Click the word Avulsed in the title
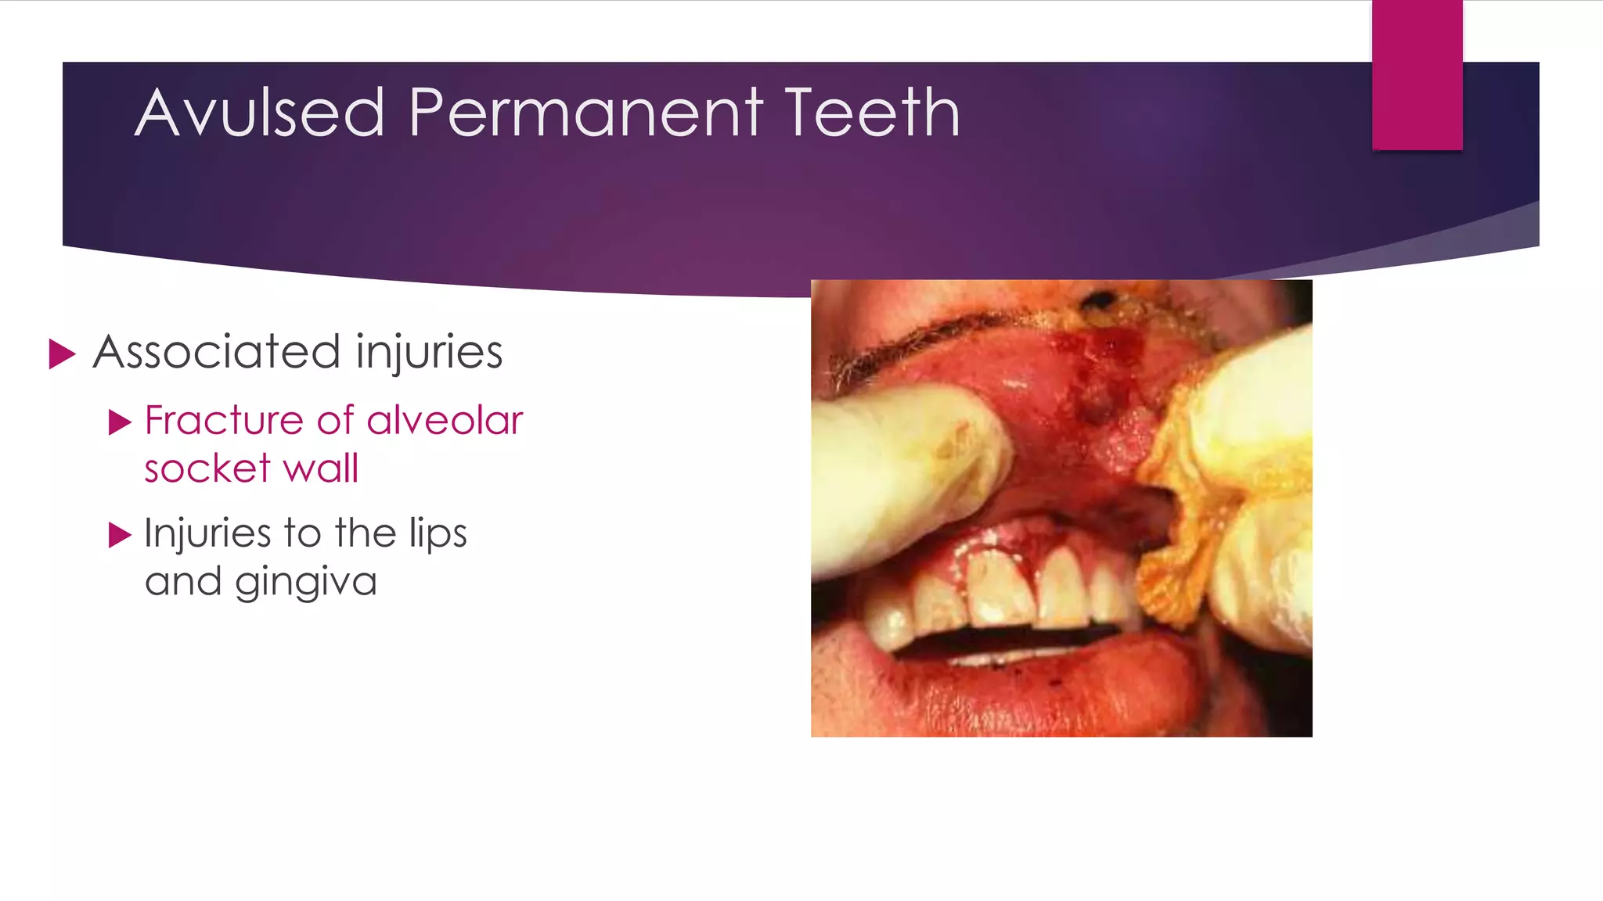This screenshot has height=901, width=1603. (x=260, y=113)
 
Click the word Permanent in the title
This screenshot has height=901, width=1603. (x=585, y=113)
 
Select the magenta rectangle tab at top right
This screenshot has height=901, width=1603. (x=1417, y=75)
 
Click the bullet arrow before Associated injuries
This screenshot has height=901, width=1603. (x=62, y=354)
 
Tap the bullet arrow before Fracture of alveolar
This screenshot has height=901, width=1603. (x=120, y=422)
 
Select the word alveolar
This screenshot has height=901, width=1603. (x=445, y=421)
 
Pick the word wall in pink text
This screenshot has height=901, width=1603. (x=321, y=469)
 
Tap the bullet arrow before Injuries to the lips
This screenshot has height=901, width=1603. (x=120, y=536)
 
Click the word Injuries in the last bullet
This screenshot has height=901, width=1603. (x=207, y=535)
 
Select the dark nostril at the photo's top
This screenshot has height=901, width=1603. (x=1100, y=300)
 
